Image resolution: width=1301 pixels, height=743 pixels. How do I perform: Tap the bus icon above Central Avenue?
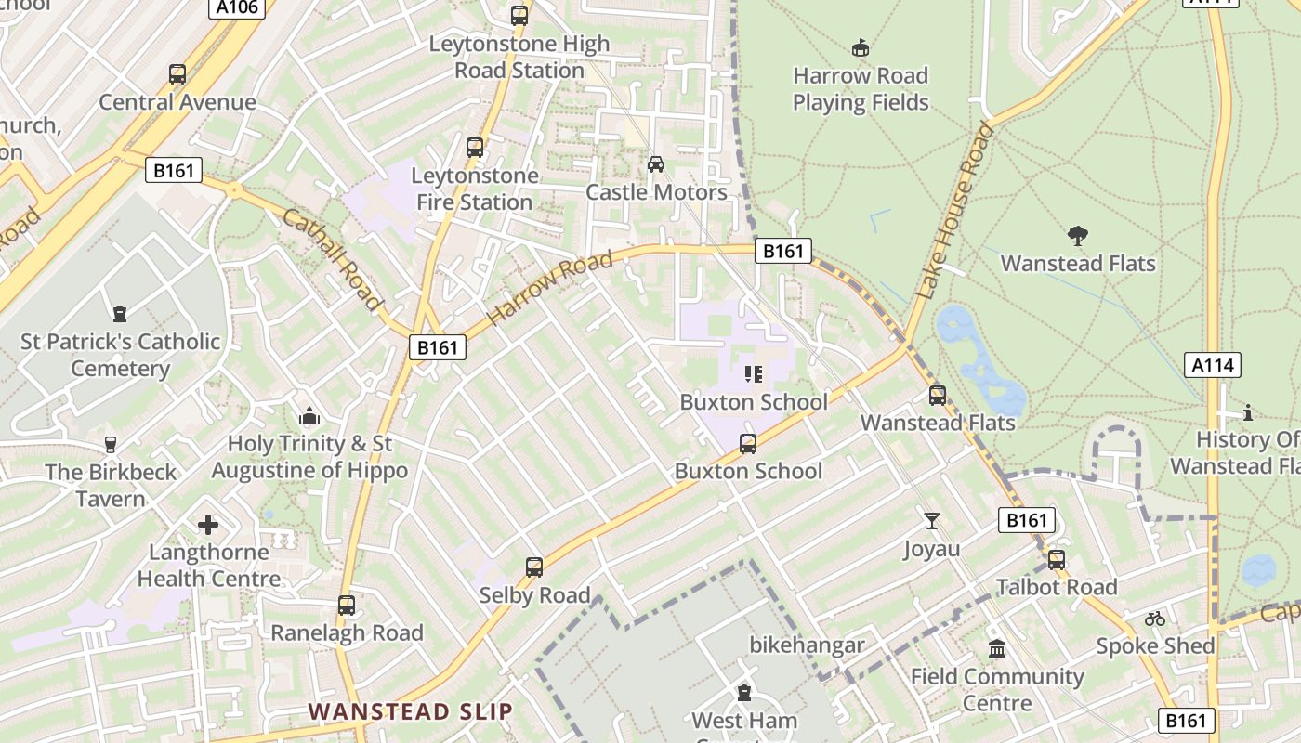[x=177, y=74]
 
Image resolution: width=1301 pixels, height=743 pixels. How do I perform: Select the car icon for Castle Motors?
[x=656, y=163]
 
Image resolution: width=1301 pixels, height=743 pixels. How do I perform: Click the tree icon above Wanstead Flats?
[x=1078, y=236]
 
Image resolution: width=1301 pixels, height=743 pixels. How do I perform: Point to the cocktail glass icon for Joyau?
[x=932, y=521]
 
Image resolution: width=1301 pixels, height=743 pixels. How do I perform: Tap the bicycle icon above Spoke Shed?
[x=1155, y=619]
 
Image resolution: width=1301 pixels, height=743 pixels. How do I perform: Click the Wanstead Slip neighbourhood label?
[x=410, y=712]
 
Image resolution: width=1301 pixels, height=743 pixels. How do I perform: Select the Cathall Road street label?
[x=332, y=259]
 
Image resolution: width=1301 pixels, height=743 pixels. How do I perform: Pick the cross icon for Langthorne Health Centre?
[x=208, y=525]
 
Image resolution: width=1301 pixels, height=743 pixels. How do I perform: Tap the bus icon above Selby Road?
[x=534, y=567]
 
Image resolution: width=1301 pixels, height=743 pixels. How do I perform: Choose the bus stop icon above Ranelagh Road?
[x=347, y=606]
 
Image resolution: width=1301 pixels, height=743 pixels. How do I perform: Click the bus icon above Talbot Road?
[x=1057, y=560]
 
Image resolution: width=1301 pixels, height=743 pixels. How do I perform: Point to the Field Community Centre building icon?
[x=997, y=649]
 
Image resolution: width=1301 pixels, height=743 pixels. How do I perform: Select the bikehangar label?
[x=808, y=645]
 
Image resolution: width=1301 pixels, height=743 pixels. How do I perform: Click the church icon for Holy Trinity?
[x=309, y=417]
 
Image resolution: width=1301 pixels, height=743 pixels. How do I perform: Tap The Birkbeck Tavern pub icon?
[x=111, y=445]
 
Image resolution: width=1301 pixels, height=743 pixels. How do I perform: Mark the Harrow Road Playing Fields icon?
[x=861, y=47]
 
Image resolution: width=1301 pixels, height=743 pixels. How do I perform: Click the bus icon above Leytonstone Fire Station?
[x=475, y=148]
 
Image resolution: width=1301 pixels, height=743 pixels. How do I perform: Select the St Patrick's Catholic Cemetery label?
[x=121, y=355]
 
